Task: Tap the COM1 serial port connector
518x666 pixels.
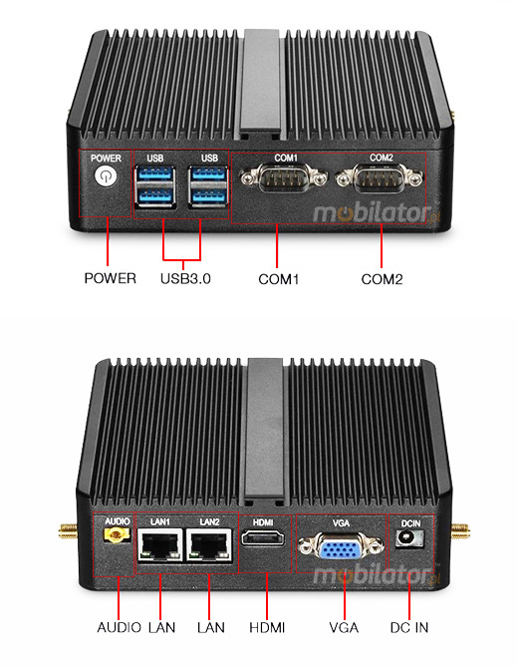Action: (286, 180)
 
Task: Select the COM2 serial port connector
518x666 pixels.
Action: (381, 180)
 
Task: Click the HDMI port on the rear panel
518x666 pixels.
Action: (265, 542)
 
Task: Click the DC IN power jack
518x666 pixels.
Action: (409, 538)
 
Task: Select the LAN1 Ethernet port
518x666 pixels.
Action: (159, 544)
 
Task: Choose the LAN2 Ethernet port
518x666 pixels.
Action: (208, 544)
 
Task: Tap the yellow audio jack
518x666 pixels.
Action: (115, 538)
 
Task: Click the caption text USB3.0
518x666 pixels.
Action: (185, 279)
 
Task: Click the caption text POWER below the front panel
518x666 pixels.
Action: (110, 279)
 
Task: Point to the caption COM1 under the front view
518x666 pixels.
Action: (279, 279)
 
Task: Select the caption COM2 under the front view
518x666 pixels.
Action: (382, 279)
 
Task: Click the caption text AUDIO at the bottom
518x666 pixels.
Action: (119, 627)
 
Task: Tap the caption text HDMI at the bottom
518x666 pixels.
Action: (266, 627)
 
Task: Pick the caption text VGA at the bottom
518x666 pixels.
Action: (344, 627)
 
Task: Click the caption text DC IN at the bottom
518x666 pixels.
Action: (409, 627)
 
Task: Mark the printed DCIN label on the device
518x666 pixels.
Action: (409, 520)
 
